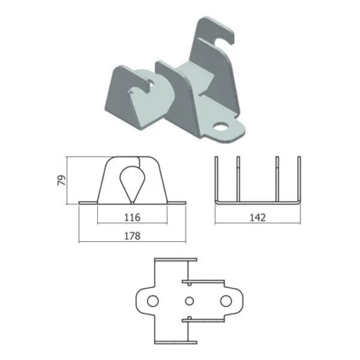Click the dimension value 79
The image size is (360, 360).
coord(62,180)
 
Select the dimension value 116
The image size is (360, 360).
coord(132,217)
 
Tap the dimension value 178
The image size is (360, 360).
coord(132,236)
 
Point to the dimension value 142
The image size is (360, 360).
coord(258,217)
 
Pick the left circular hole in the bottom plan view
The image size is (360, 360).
coord(153,301)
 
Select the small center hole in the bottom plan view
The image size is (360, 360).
coord(189,301)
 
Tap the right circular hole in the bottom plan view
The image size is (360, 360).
coord(226,301)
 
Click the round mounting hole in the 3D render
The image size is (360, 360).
coord(221,127)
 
